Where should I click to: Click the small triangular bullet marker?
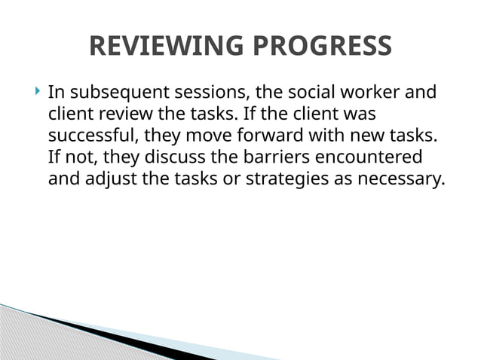click(38, 93)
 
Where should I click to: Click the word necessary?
click(402, 181)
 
